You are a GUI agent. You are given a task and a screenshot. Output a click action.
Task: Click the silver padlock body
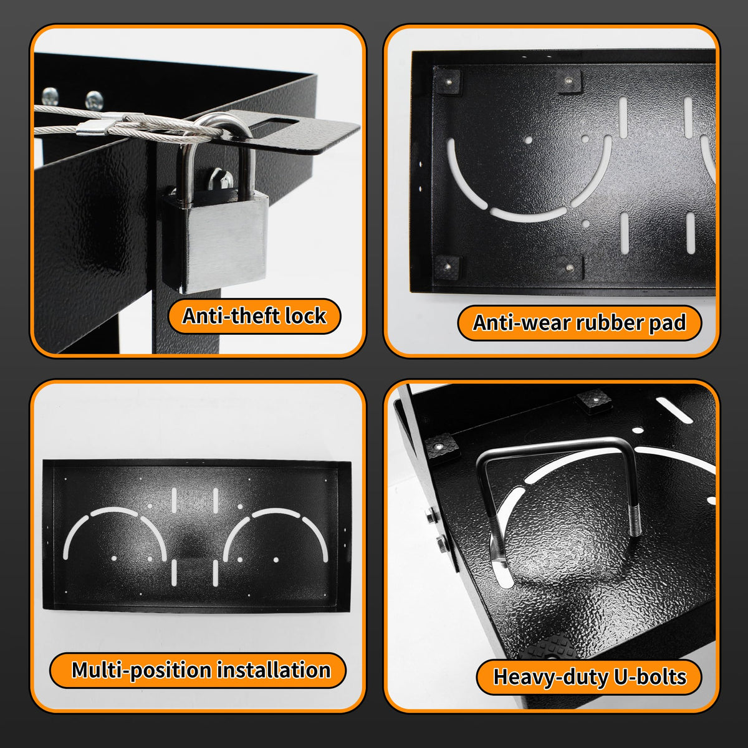(x=214, y=241)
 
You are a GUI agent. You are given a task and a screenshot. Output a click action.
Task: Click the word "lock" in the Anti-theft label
(x=305, y=315)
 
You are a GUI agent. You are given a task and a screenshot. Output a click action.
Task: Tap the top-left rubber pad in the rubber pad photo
(x=448, y=82)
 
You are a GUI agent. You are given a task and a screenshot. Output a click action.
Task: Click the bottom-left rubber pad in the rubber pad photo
(x=447, y=267)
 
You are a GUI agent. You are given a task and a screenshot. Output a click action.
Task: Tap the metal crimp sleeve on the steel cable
(x=92, y=128)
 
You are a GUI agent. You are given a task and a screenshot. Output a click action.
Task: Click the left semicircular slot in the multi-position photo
(x=115, y=532)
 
